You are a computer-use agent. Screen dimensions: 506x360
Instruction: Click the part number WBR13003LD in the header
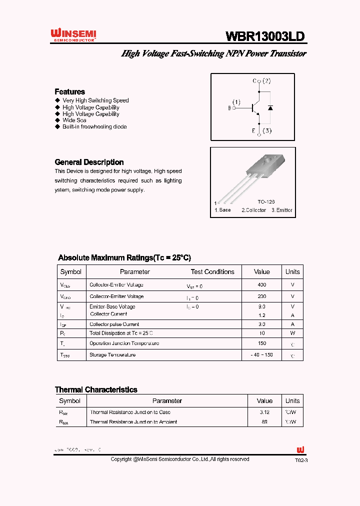coord(265,36)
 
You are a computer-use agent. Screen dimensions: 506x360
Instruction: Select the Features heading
coord(69,91)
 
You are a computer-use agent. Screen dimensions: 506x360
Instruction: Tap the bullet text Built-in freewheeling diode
coord(94,127)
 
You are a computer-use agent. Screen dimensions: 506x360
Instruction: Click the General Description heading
coord(89,162)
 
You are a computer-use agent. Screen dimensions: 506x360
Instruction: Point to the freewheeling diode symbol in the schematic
coord(270,107)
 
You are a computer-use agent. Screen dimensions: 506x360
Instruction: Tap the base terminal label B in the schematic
coord(229,107)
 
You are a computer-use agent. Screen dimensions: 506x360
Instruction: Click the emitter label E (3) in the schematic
coord(261,131)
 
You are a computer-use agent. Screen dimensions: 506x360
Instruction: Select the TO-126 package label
coord(266,201)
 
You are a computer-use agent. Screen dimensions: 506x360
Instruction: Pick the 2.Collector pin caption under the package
coord(253,210)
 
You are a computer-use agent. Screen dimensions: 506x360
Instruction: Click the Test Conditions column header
coord(212,272)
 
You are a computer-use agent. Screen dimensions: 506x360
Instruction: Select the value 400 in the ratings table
coord(262,284)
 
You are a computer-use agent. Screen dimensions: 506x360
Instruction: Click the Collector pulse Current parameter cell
coord(114,324)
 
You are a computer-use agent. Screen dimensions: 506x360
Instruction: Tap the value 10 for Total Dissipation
coord(262,333)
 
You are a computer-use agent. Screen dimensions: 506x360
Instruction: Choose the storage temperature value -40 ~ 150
coord(262,354)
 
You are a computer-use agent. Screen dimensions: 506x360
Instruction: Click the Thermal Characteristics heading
coord(96,389)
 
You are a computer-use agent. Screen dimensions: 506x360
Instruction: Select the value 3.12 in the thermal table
coord(264,412)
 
